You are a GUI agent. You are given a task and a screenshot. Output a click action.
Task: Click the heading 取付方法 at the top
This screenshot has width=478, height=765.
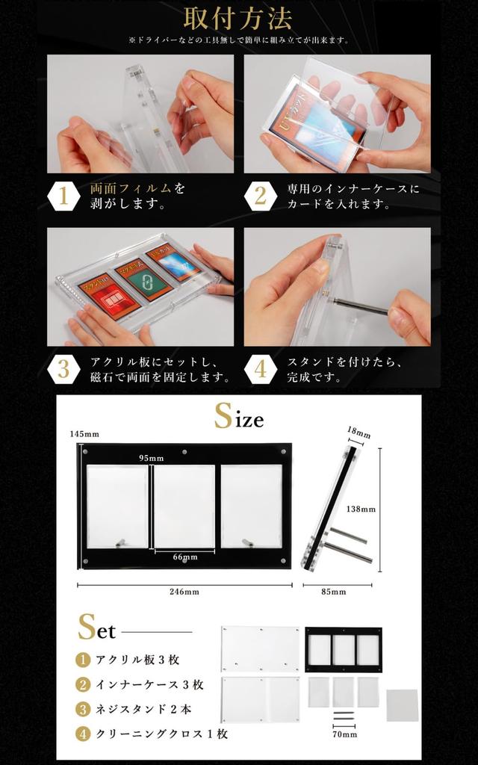239,18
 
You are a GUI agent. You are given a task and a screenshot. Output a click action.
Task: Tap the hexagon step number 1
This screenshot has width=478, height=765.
63,196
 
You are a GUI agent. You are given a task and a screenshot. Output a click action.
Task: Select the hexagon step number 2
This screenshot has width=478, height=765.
260,196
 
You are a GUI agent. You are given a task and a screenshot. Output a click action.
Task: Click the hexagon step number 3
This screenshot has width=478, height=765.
63,369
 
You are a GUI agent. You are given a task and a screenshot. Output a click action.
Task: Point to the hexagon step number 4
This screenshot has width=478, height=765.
260,369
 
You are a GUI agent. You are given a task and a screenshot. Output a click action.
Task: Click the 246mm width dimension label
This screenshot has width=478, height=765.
184,592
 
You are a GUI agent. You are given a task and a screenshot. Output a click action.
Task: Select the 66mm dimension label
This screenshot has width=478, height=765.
184,557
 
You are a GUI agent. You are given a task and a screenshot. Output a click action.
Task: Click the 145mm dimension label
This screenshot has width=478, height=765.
84,434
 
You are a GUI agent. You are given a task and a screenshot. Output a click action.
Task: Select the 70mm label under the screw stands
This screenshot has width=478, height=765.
345,734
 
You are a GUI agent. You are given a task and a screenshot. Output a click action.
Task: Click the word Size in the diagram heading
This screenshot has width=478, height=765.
239,417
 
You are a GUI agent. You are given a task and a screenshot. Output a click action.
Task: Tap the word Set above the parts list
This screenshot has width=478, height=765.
97,629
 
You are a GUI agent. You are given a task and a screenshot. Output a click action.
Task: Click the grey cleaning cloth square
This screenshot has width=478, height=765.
402,704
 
